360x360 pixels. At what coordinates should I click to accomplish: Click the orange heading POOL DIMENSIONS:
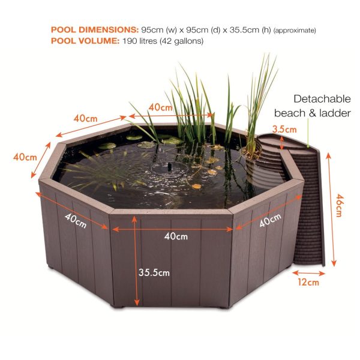94,29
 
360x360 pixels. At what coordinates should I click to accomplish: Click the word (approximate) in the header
295,30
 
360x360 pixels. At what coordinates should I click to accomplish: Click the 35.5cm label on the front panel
154,272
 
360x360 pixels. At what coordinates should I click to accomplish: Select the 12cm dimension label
308,281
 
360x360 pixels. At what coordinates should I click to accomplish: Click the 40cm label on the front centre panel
175,236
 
